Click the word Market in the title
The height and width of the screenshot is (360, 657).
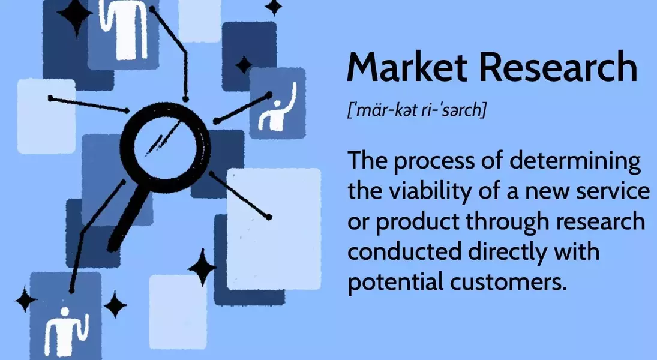click(x=407, y=67)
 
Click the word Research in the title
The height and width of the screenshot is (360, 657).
click(x=558, y=67)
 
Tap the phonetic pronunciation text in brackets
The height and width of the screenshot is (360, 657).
click(x=417, y=110)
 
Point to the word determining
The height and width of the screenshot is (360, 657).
click(x=575, y=161)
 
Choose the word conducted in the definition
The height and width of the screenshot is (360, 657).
click(x=404, y=251)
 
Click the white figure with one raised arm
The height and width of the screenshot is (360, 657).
click(x=277, y=108)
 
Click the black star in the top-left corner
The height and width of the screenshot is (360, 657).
click(x=75, y=15)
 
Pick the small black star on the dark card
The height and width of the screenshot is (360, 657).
click(x=244, y=65)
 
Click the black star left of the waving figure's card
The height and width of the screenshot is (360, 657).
click(x=26, y=299)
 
